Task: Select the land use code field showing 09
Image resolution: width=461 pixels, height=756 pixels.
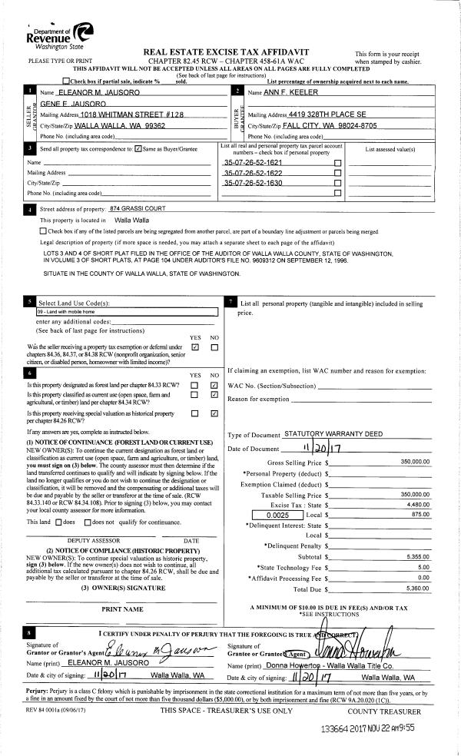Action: pos(128,312)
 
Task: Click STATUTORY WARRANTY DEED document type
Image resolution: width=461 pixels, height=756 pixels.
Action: pos(333,434)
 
